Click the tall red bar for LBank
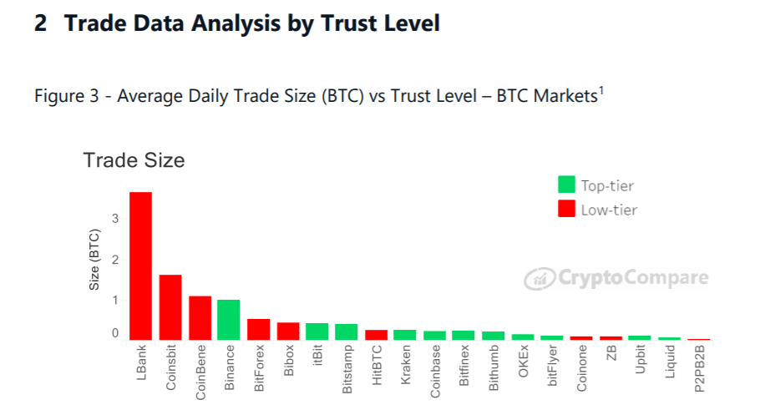point(140,266)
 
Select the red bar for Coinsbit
point(170,307)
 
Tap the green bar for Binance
point(229,320)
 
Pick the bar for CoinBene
point(200,318)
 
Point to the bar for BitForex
point(258,330)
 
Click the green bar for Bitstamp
point(346,331)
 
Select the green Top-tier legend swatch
point(566,185)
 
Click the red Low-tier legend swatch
point(566,209)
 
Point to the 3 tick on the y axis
point(115,219)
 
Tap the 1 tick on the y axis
point(115,299)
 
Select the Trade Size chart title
point(134,159)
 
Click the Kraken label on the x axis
point(406,367)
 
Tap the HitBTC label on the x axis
point(377,367)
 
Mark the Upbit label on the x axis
point(641,365)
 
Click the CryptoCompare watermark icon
point(539,279)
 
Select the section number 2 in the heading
point(41,23)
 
